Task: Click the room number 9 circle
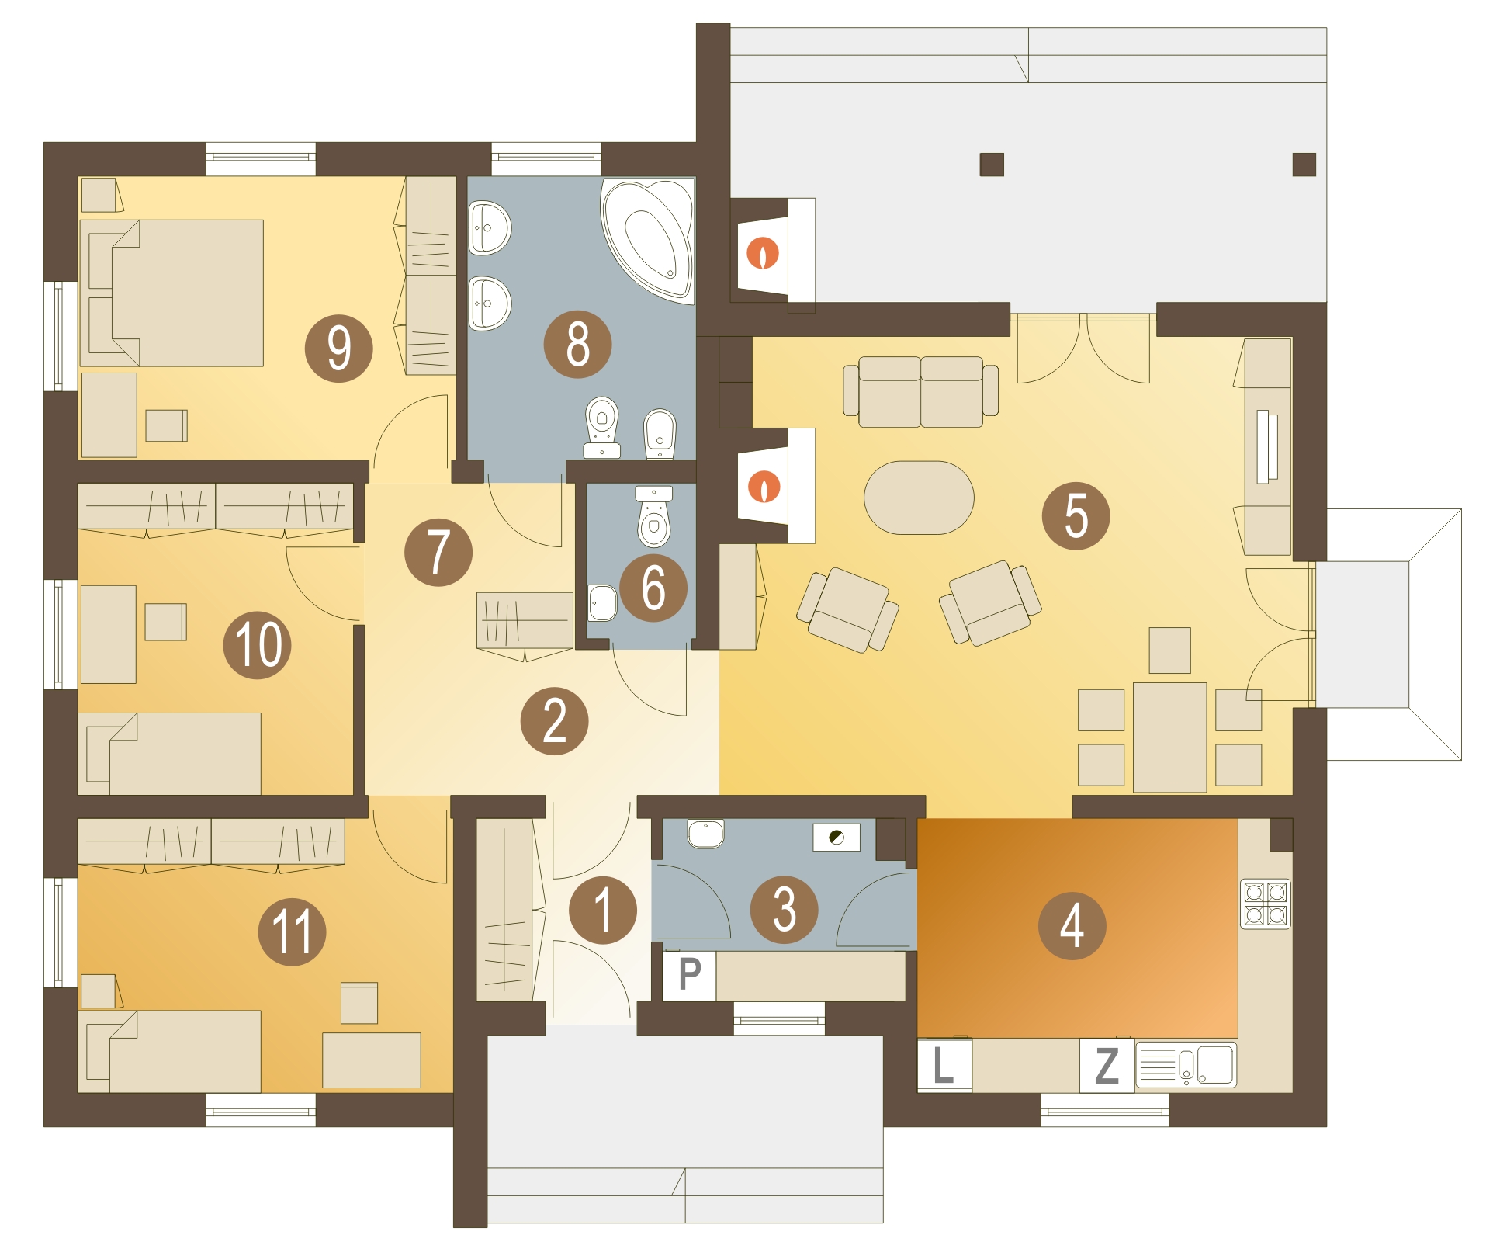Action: pyautogui.click(x=338, y=348)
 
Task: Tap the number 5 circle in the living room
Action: pyautogui.click(x=1076, y=515)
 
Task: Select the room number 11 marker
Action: pyautogui.click(x=292, y=932)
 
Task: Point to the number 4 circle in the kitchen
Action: pyautogui.click(x=1072, y=925)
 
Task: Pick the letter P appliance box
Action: pyautogui.click(x=689, y=975)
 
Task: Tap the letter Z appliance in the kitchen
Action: pyautogui.click(x=1107, y=1066)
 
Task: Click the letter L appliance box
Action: pyautogui.click(x=944, y=1065)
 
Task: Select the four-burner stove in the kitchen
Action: pyautogui.click(x=1266, y=904)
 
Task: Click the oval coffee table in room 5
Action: pyautogui.click(x=919, y=498)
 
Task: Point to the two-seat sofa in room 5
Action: pyautogui.click(x=920, y=391)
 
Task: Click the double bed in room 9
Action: pyautogui.click(x=171, y=293)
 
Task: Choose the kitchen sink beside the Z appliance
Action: pyautogui.click(x=1186, y=1064)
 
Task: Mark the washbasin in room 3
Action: pyautogui.click(x=705, y=834)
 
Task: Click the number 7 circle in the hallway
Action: pyautogui.click(x=438, y=552)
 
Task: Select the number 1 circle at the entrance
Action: pyautogui.click(x=603, y=910)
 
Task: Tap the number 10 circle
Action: pyautogui.click(x=257, y=644)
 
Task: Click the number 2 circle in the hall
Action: pyautogui.click(x=554, y=721)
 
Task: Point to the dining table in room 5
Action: pyautogui.click(x=1169, y=737)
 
